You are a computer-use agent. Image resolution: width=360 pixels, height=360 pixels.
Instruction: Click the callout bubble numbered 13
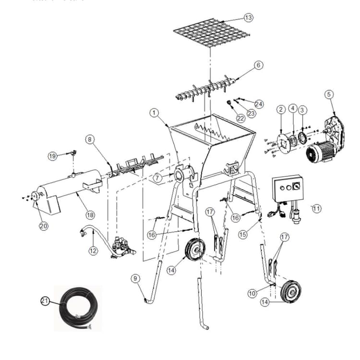[248, 18]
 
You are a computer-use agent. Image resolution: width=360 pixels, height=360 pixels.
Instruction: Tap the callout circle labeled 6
[258, 65]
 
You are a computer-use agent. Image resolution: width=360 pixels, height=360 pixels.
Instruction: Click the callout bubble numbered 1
[154, 113]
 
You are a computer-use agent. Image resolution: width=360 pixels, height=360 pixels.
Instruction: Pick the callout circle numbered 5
[329, 94]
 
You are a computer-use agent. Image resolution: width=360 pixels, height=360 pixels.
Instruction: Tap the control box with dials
[287, 191]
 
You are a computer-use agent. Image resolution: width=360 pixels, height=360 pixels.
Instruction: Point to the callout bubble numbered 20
[44, 226]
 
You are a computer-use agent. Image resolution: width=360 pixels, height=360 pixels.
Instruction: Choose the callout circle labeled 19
[52, 156]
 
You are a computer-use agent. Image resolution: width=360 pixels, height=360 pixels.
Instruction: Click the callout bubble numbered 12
[93, 250]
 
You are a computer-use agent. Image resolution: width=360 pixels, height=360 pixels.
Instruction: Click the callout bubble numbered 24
[259, 104]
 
